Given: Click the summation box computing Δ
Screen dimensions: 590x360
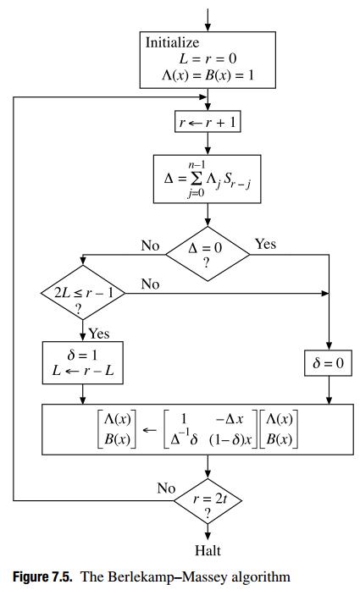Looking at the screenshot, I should (x=208, y=179).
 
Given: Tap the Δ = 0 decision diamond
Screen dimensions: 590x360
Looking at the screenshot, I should (x=208, y=255).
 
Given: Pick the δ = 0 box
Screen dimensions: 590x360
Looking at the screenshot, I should (x=328, y=364).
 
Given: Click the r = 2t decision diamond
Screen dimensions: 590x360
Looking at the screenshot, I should (x=208, y=505).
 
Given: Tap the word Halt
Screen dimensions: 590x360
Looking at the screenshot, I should (x=208, y=551).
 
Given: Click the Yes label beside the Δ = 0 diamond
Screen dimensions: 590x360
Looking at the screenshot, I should (x=265, y=245).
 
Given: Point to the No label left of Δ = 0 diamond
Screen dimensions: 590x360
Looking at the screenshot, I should (x=150, y=245).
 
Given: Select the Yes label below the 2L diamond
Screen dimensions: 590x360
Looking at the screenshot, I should (x=98, y=334).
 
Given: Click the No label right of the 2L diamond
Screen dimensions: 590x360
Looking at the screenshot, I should (x=150, y=284).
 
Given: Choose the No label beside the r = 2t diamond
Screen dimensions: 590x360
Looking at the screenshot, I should (x=166, y=488).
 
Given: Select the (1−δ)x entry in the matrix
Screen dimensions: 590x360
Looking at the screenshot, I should (x=227, y=440).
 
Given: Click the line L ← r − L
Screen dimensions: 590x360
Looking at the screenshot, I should (x=82, y=371).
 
